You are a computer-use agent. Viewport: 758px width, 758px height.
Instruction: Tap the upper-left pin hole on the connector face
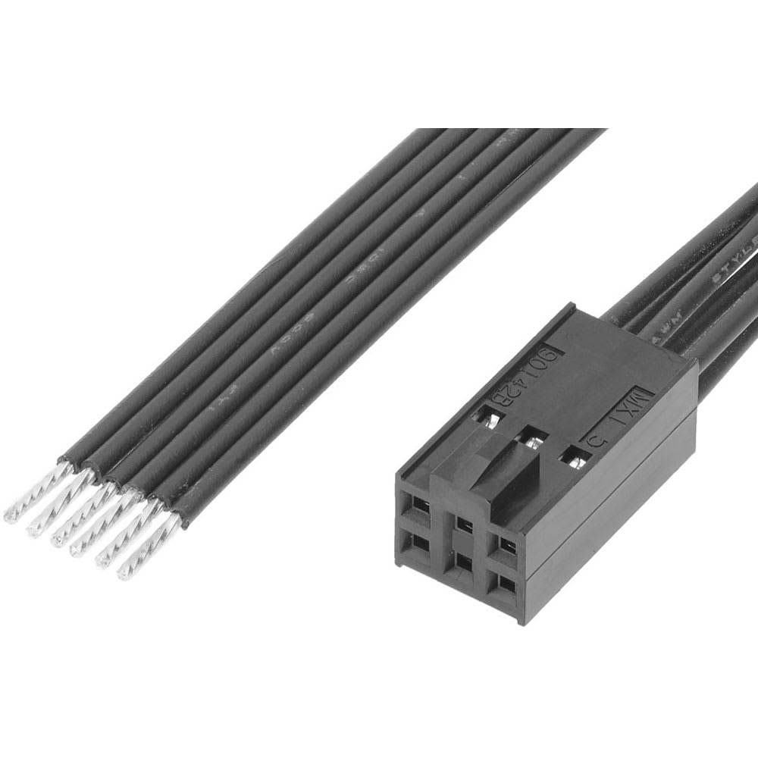click(415, 503)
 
